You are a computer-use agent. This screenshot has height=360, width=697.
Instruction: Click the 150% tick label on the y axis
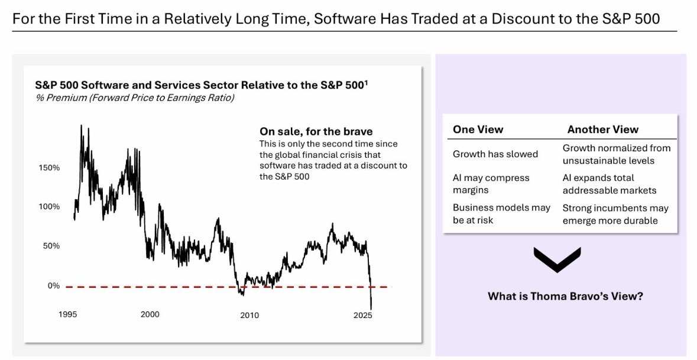[x=49, y=168]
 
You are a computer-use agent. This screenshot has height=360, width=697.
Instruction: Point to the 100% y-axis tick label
[x=49, y=207]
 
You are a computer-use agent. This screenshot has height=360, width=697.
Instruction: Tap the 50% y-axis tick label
[x=51, y=246]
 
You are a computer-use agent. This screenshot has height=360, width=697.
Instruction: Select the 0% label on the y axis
[x=53, y=286]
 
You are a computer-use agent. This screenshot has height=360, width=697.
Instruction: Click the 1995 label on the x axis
[x=68, y=314]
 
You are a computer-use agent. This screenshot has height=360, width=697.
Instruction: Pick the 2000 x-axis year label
[x=150, y=314]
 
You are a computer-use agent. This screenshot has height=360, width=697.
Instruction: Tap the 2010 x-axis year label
[x=249, y=315]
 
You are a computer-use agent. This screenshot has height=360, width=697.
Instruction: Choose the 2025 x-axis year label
[x=363, y=314]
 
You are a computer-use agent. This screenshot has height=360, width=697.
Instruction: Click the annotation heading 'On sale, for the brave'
[x=316, y=131]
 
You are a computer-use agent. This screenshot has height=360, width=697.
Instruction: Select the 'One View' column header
[x=478, y=129]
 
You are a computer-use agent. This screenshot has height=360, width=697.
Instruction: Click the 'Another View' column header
[x=603, y=129]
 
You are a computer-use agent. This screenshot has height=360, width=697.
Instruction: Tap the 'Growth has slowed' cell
[x=495, y=154]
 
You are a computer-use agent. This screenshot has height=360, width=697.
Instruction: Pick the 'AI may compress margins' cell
[x=491, y=184]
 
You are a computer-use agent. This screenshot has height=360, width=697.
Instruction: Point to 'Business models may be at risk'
[x=501, y=214]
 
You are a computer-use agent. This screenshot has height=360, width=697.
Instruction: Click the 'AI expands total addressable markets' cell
[x=610, y=184]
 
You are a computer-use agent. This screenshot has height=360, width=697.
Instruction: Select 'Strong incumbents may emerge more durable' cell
[x=615, y=214]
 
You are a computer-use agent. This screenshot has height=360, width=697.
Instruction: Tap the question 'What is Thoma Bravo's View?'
[x=565, y=296]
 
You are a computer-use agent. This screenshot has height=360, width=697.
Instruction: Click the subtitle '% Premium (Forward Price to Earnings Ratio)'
[x=135, y=98]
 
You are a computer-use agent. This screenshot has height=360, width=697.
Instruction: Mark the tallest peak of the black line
[x=81, y=125]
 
